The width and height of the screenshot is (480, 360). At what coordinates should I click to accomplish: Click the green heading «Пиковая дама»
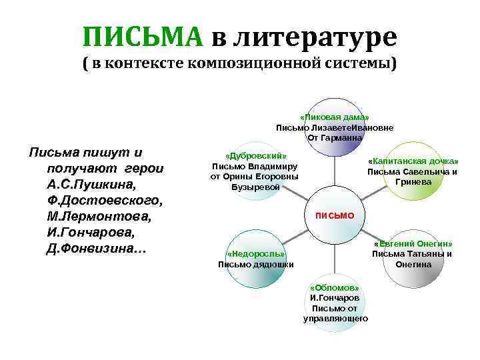click(x=335, y=117)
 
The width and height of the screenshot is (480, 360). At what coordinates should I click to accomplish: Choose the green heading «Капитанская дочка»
click(x=413, y=161)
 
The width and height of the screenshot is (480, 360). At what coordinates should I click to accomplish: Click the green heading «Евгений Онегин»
click(x=413, y=243)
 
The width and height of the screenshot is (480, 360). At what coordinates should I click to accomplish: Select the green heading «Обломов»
click(x=335, y=287)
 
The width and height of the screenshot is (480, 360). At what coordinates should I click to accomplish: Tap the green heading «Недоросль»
click(x=256, y=254)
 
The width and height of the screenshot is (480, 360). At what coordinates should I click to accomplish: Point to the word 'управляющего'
click(x=335, y=319)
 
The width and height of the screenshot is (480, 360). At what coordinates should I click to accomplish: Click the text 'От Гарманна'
click(x=335, y=137)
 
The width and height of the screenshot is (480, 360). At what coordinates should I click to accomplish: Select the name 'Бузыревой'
click(x=256, y=187)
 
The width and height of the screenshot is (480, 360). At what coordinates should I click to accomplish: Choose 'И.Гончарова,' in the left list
click(x=90, y=233)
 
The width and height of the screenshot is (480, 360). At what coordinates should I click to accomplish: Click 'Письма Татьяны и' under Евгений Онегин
click(x=412, y=253)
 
